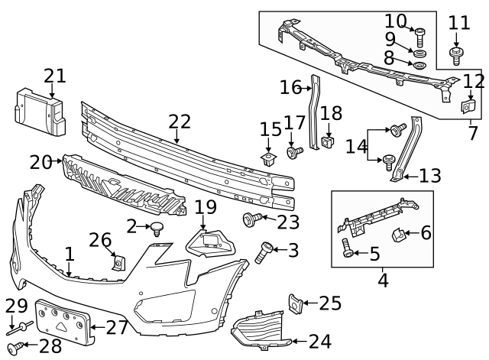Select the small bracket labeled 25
tap(293, 303)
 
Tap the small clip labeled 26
tap(118, 262)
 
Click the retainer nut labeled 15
tap(268, 158)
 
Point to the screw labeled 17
tap(292, 152)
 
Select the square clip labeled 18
tap(329, 141)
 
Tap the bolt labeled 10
tap(419, 33)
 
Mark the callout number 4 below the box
tap(382, 281)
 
